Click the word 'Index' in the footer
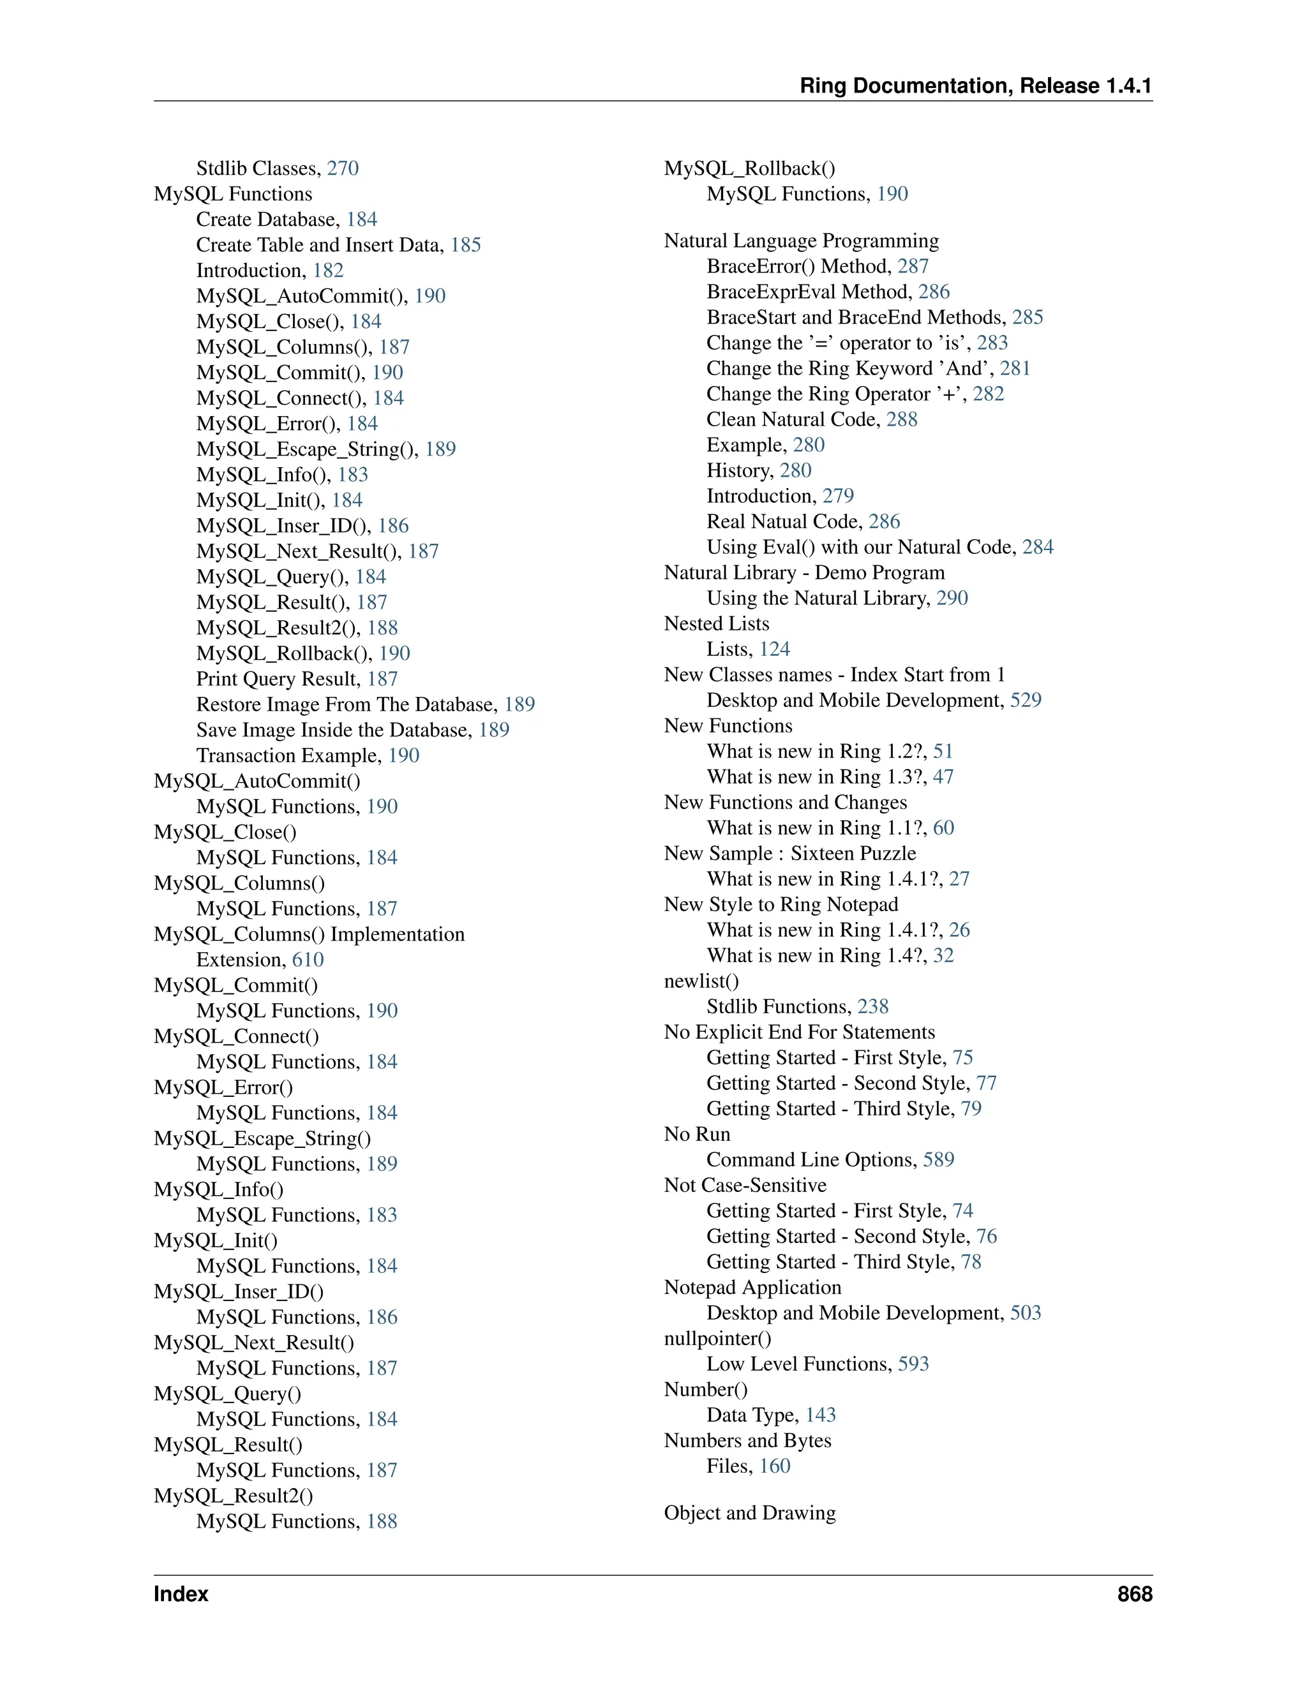click(181, 1593)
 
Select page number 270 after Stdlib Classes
click(342, 168)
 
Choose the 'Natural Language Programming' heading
click(801, 241)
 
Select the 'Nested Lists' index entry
click(716, 623)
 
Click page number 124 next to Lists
click(774, 649)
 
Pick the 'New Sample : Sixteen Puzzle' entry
click(790, 853)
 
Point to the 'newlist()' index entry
click(701, 981)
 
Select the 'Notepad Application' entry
click(752, 1287)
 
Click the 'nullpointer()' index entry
click(718, 1338)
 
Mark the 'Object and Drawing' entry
click(749, 1513)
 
